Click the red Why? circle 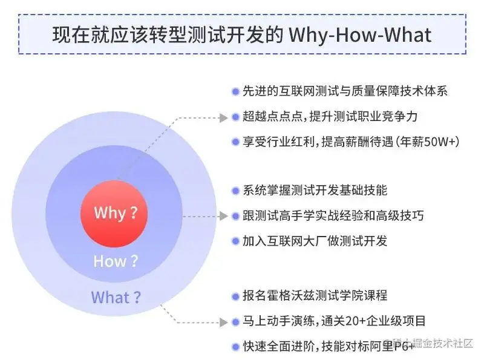point(114,213)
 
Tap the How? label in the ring point(116,261)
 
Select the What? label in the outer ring point(116,297)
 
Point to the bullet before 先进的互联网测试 point(235,91)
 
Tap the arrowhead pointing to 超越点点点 point(224,117)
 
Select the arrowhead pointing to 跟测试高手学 point(224,216)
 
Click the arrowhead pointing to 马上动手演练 point(224,322)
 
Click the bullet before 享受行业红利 point(235,142)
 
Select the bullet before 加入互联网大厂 point(235,241)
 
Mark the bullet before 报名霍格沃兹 point(235,296)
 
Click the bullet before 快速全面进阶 point(235,347)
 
